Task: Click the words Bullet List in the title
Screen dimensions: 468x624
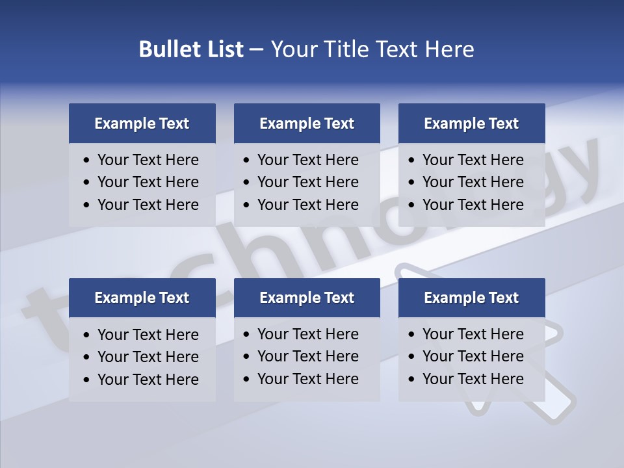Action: (x=191, y=49)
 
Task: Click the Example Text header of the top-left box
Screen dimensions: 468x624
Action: (x=142, y=123)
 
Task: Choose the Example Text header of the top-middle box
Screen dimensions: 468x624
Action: (x=307, y=123)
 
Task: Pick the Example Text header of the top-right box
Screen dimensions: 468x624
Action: (x=471, y=123)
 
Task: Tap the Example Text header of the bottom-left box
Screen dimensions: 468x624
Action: (x=142, y=298)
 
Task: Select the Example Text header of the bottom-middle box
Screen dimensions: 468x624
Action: (x=307, y=298)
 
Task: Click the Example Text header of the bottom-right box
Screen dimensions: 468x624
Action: (x=471, y=298)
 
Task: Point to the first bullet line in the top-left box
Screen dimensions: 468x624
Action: (x=148, y=160)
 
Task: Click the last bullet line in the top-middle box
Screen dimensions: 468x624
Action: (x=308, y=205)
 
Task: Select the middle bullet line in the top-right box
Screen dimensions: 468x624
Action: (x=473, y=182)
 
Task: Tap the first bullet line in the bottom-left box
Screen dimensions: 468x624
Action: (x=148, y=335)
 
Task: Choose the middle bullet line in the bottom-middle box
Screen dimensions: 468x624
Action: (x=308, y=356)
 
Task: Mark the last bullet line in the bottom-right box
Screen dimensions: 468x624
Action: (x=473, y=379)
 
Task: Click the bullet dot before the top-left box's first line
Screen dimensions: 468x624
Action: (x=87, y=161)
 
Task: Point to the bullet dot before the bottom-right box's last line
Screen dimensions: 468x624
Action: (x=411, y=380)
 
